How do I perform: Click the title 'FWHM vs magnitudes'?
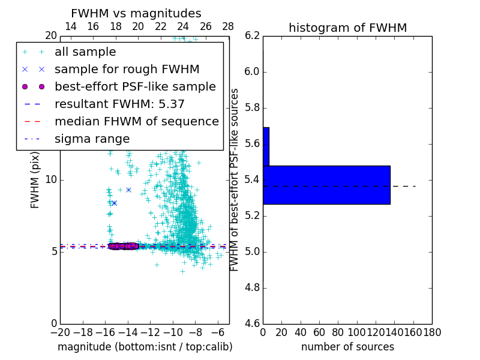(x=136, y=14)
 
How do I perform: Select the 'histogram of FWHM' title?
(x=347, y=28)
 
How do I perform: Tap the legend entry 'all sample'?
(x=85, y=52)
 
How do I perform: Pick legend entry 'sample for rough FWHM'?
(x=127, y=70)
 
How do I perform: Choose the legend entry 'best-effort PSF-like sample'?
(x=135, y=87)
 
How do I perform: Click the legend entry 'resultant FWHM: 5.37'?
(x=119, y=104)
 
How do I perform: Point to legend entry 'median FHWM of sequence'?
(x=136, y=122)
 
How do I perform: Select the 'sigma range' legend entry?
(x=92, y=139)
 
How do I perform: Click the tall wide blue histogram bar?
(x=326, y=185)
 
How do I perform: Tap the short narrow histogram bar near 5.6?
(x=266, y=146)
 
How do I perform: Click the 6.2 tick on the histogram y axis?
(x=252, y=36)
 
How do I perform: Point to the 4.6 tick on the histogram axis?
(x=252, y=323)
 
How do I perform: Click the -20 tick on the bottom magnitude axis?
(x=60, y=332)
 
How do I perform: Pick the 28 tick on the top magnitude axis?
(x=228, y=26)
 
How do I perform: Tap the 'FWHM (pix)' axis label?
(x=35, y=180)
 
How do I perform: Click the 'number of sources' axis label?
(x=347, y=347)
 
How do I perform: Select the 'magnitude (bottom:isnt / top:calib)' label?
(x=145, y=347)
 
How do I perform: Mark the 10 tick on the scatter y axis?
(x=52, y=180)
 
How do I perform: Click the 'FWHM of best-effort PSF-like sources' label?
(x=235, y=180)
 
